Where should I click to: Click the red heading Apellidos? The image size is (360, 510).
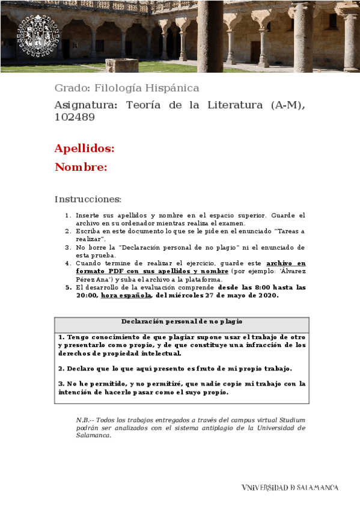pyautogui.click(x=84, y=148)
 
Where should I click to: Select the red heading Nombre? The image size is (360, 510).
pyautogui.click(x=81, y=167)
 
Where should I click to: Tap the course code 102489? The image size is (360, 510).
pyautogui.click(x=75, y=117)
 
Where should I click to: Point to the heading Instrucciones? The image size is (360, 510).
pyautogui.click(x=88, y=199)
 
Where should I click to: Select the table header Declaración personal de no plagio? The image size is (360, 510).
pyautogui.click(x=182, y=322)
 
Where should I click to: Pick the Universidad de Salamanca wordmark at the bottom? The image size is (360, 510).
pyautogui.click(x=290, y=488)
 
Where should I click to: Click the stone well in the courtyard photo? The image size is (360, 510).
pyautogui.click(x=122, y=64)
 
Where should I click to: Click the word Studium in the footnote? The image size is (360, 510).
pyautogui.click(x=291, y=420)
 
